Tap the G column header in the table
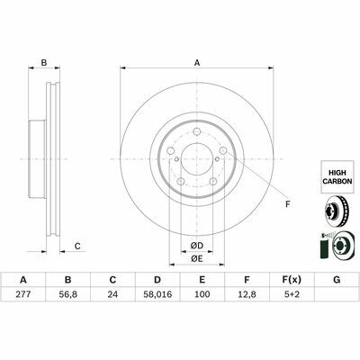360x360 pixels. click(337, 281)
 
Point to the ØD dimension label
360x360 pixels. click(196, 246)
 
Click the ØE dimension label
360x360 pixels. click(196, 260)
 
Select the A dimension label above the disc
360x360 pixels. click(197, 62)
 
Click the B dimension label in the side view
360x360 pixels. click(42, 62)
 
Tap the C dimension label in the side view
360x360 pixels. click(78, 246)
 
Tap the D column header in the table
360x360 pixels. click(157, 281)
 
